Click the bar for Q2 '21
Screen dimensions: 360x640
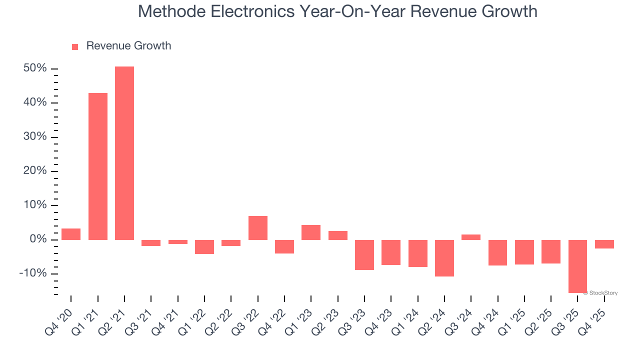tap(124, 153)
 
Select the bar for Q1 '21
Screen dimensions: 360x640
tap(98, 166)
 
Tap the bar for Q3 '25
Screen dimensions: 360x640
tap(577, 266)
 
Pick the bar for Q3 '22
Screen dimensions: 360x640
tap(258, 228)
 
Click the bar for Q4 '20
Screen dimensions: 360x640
tap(71, 234)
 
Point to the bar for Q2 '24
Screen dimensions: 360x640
tap(444, 258)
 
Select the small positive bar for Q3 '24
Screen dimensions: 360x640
tap(471, 237)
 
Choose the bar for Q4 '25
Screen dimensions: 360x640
tap(604, 244)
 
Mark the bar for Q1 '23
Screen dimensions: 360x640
tap(311, 232)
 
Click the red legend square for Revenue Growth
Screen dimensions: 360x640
tap(75, 47)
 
